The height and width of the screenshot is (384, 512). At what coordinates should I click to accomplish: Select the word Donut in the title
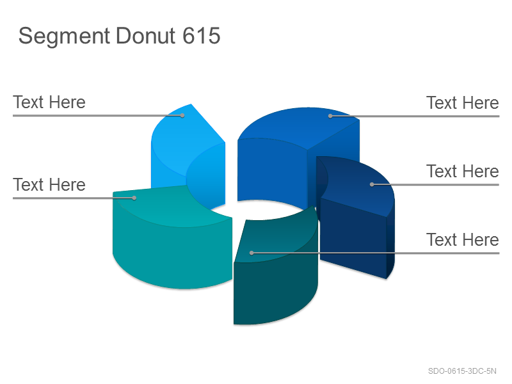click(x=146, y=35)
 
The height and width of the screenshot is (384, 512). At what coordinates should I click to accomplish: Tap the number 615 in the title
click(x=202, y=35)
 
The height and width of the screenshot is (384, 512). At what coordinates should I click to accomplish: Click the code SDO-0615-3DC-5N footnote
click(x=462, y=371)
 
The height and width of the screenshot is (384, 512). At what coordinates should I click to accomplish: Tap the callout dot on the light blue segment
click(x=182, y=115)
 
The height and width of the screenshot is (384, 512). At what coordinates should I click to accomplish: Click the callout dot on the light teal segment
click(x=134, y=198)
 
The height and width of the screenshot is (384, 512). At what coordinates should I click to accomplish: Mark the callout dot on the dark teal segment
click(x=252, y=253)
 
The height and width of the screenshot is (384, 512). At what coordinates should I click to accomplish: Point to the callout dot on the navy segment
click(x=372, y=184)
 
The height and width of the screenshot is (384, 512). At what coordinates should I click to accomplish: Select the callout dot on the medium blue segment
click(x=330, y=116)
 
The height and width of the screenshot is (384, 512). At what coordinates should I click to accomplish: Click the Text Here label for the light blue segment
click(x=49, y=102)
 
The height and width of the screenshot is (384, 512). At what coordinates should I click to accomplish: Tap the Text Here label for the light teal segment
click(x=49, y=185)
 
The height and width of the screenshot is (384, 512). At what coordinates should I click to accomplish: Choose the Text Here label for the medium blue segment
click(x=463, y=103)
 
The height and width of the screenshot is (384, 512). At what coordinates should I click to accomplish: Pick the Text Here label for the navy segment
click(x=463, y=172)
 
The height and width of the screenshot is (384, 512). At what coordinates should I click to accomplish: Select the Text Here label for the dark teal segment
click(x=463, y=240)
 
